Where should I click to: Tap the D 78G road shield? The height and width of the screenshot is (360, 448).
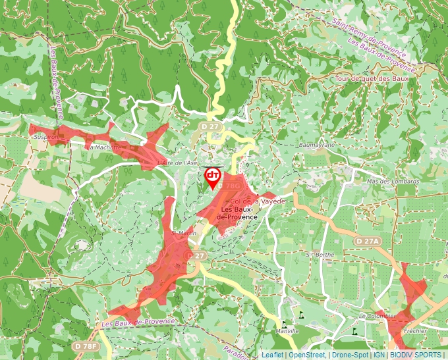233,187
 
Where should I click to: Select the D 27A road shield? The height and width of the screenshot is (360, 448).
368,242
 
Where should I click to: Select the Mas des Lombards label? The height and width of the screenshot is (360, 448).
394,182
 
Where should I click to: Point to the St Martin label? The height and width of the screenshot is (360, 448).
184,233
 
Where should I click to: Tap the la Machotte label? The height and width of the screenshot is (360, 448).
106,148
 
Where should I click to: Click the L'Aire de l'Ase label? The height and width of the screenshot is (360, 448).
178,162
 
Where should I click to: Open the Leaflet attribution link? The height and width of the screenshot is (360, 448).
271,355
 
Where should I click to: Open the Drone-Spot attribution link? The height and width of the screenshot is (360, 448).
350,355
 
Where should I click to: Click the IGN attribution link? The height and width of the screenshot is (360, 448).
379,355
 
